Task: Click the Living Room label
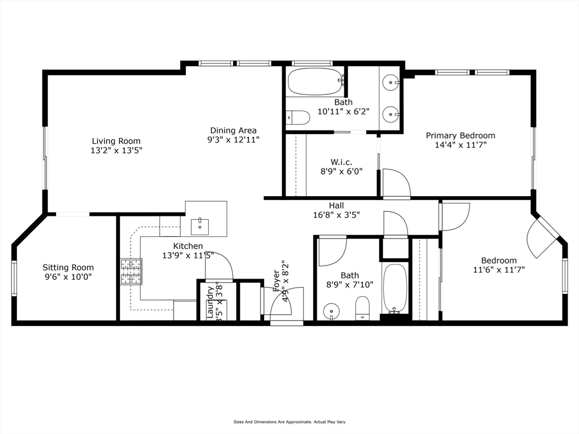(x=116, y=141)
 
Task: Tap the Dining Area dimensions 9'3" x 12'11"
(x=234, y=140)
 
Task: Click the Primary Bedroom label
(x=460, y=136)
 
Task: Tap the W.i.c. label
(x=340, y=162)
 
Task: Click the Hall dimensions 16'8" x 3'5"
(x=336, y=215)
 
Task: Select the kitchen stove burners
(x=131, y=271)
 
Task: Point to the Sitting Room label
(x=68, y=268)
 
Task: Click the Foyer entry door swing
(x=286, y=305)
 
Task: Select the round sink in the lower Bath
(x=331, y=311)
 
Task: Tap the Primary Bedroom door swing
(x=396, y=182)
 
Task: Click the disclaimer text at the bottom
(x=289, y=422)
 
